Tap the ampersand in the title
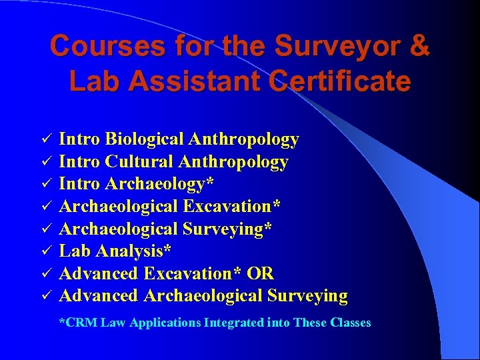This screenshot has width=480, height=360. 417,47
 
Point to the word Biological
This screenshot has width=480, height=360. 143,139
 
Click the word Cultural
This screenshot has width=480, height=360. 139,161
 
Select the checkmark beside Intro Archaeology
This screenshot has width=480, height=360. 47,184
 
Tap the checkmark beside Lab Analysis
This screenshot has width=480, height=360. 47,251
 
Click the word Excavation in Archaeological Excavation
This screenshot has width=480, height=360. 231,206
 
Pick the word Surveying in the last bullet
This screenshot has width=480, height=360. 307,295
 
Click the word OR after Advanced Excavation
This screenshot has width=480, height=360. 260,273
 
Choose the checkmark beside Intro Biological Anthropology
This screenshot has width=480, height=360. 47,139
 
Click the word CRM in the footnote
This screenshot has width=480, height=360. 79,323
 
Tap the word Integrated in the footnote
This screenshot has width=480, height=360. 232,323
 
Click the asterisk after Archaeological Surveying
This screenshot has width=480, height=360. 268,227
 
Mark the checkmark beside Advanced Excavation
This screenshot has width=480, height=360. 47,274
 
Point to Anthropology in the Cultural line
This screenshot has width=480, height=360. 239,161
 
